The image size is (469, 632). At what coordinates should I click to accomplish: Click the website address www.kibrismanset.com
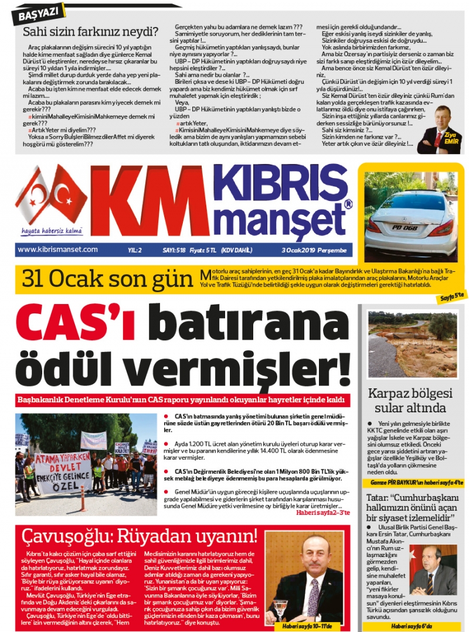click(x=57, y=250)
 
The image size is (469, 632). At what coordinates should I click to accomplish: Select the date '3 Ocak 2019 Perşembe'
click(x=314, y=250)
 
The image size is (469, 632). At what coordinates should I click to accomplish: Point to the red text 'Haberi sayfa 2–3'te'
click(x=322, y=513)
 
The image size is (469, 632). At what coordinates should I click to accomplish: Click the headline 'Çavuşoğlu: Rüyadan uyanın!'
click(x=139, y=536)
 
